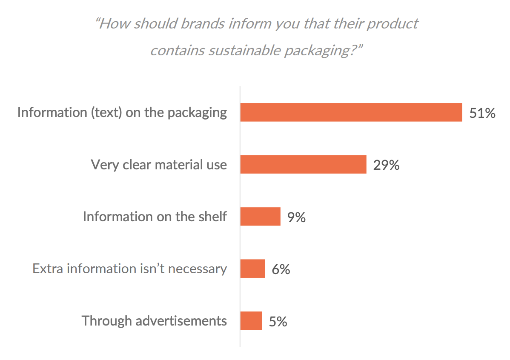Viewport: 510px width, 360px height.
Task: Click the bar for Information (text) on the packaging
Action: pyautogui.click(x=351, y=112)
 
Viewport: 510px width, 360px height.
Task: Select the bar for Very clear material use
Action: pyautogui.click(x=303, y=164)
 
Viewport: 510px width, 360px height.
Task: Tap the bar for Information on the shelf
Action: pyautogui.click(x=260, y=217)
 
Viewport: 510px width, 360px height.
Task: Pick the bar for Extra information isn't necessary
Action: pyautogui.click(x=252, y=269)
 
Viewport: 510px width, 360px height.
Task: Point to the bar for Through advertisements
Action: pyautogui.click(x=251, y=321)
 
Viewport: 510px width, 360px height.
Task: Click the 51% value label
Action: pyautogui.click(x=482, y=113)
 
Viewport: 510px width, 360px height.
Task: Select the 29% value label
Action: pyautogui.click(x=386, y=165)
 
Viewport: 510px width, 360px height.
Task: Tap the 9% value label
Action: pyautogui.click(x=296, y=217)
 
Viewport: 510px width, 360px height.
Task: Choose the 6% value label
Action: pyautogui.click(x=281, y=269)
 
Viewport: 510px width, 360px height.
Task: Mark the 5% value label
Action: pyautogui.click(x=278, y=322)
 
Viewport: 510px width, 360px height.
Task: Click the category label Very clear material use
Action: pyautogui.click(x=159, y=165)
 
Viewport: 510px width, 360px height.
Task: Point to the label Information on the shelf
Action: pyautogui.click(x=155, y=217)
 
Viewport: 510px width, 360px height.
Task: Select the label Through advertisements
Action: pyautogui.click(x=154, y=320)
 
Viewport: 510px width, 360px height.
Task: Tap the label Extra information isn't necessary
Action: pyautogui.click(x=129, y=269)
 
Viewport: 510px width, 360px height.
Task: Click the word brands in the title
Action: pyautogui.click(x=204, y=24)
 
